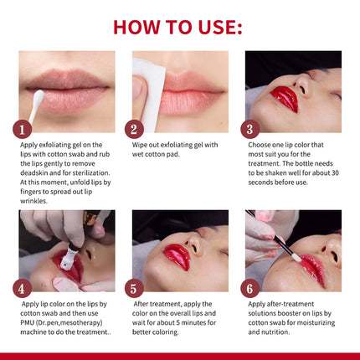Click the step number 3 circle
(249, 129)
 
